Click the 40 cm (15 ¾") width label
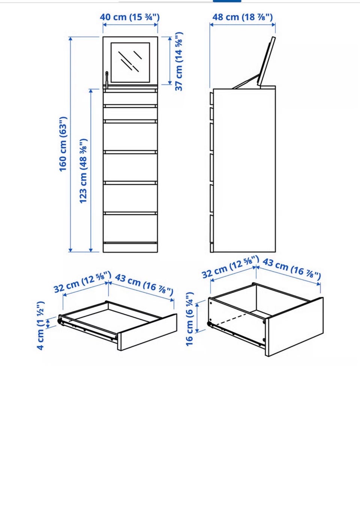[x=130, y=17]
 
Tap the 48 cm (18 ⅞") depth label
[x=242, y=17]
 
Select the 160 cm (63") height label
[x=63, y=144]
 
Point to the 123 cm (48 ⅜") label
[x=83, y=171]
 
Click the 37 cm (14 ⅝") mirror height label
[x=179, y=61]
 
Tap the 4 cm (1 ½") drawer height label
[x=40, y=326]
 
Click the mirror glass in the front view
[x=130, y=63]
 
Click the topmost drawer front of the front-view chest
[x=130, y=99]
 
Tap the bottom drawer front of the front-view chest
[x=130, y=228]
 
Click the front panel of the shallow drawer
[x=147, y=332]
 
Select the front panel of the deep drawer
[x=294, y=327]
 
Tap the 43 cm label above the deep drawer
[x=291, y=269]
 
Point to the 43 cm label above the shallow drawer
[x=144, y=285]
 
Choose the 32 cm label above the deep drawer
[x=230, y=267]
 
